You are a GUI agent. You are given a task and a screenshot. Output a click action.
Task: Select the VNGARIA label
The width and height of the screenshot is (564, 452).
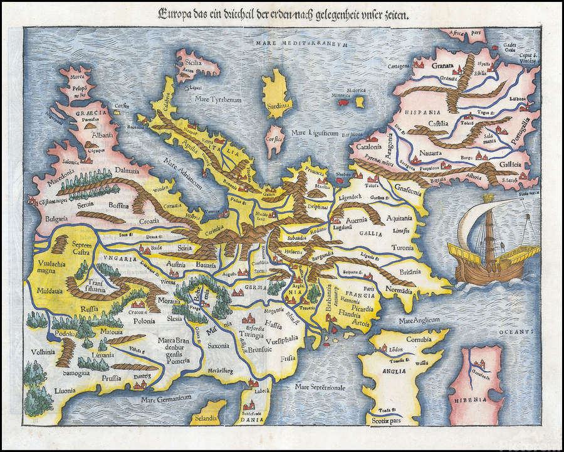(x=117, y=259)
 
